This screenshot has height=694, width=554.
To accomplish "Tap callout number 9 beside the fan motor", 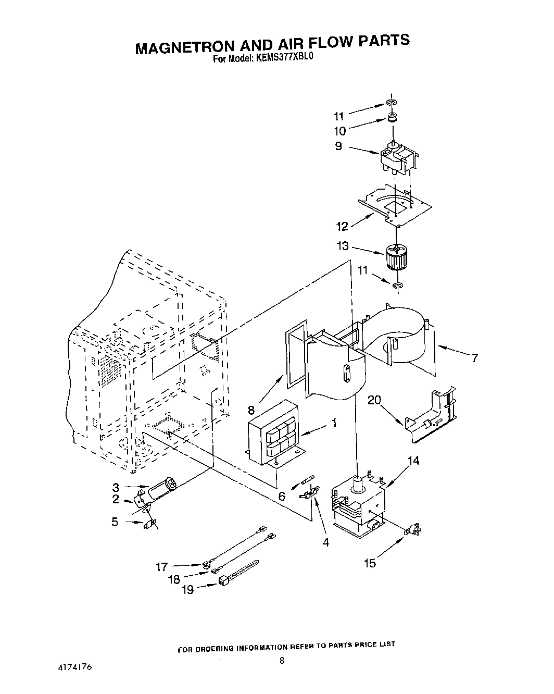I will coord(339,146).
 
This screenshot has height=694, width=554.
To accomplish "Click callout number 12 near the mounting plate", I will coord(343,227).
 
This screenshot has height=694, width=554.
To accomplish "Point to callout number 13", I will coord(343,246).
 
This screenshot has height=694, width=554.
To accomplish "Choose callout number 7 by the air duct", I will coord(474,358).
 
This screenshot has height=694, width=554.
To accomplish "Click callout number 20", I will coord(374,400).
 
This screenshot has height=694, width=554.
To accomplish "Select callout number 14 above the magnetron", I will coord(414,461).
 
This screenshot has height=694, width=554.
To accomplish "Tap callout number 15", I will coord(370,563).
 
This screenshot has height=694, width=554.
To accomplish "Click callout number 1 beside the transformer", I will coord(334,423).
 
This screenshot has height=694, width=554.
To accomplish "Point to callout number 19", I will coord(188,589).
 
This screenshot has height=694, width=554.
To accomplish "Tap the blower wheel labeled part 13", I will coord(396,258).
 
